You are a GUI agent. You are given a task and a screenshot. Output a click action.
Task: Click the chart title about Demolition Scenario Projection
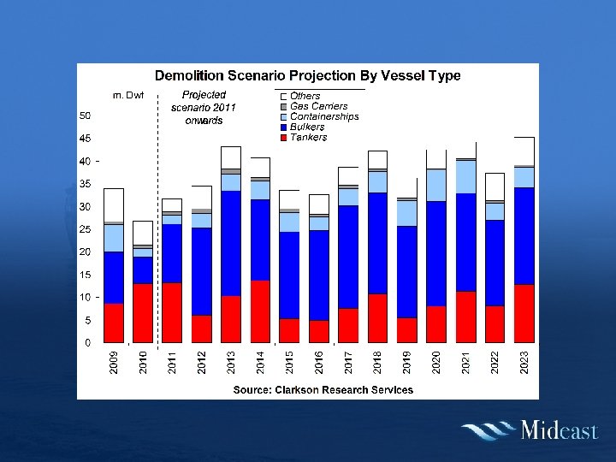pos(307,75)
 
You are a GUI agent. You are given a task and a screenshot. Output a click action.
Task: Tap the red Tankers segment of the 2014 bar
pos(260,311)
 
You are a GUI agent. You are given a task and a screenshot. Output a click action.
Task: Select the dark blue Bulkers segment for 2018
pos(377,243)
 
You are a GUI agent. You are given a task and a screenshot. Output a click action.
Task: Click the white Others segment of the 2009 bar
pos(114,205)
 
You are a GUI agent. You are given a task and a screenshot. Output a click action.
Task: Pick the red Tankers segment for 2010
pos(143,313)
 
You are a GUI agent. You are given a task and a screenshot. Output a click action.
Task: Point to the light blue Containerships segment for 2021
pos(466,177)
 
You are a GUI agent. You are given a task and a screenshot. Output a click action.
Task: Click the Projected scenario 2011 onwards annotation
pos(204,108)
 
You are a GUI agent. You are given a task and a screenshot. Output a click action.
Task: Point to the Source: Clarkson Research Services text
pos(323,390)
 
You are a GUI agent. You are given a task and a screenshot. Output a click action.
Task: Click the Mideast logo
pos(529,429)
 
